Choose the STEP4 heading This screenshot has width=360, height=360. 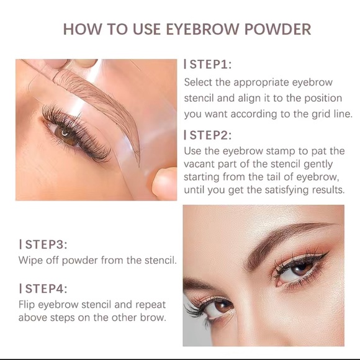pyautogui.click(x=44, y=289)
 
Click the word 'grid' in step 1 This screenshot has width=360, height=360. pyautogui.click(x=308, y=115)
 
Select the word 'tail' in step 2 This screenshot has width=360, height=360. pyautogui.click(x=256, y=177)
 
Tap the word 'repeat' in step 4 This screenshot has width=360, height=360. pyautogui.click(x=155, y=305)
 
